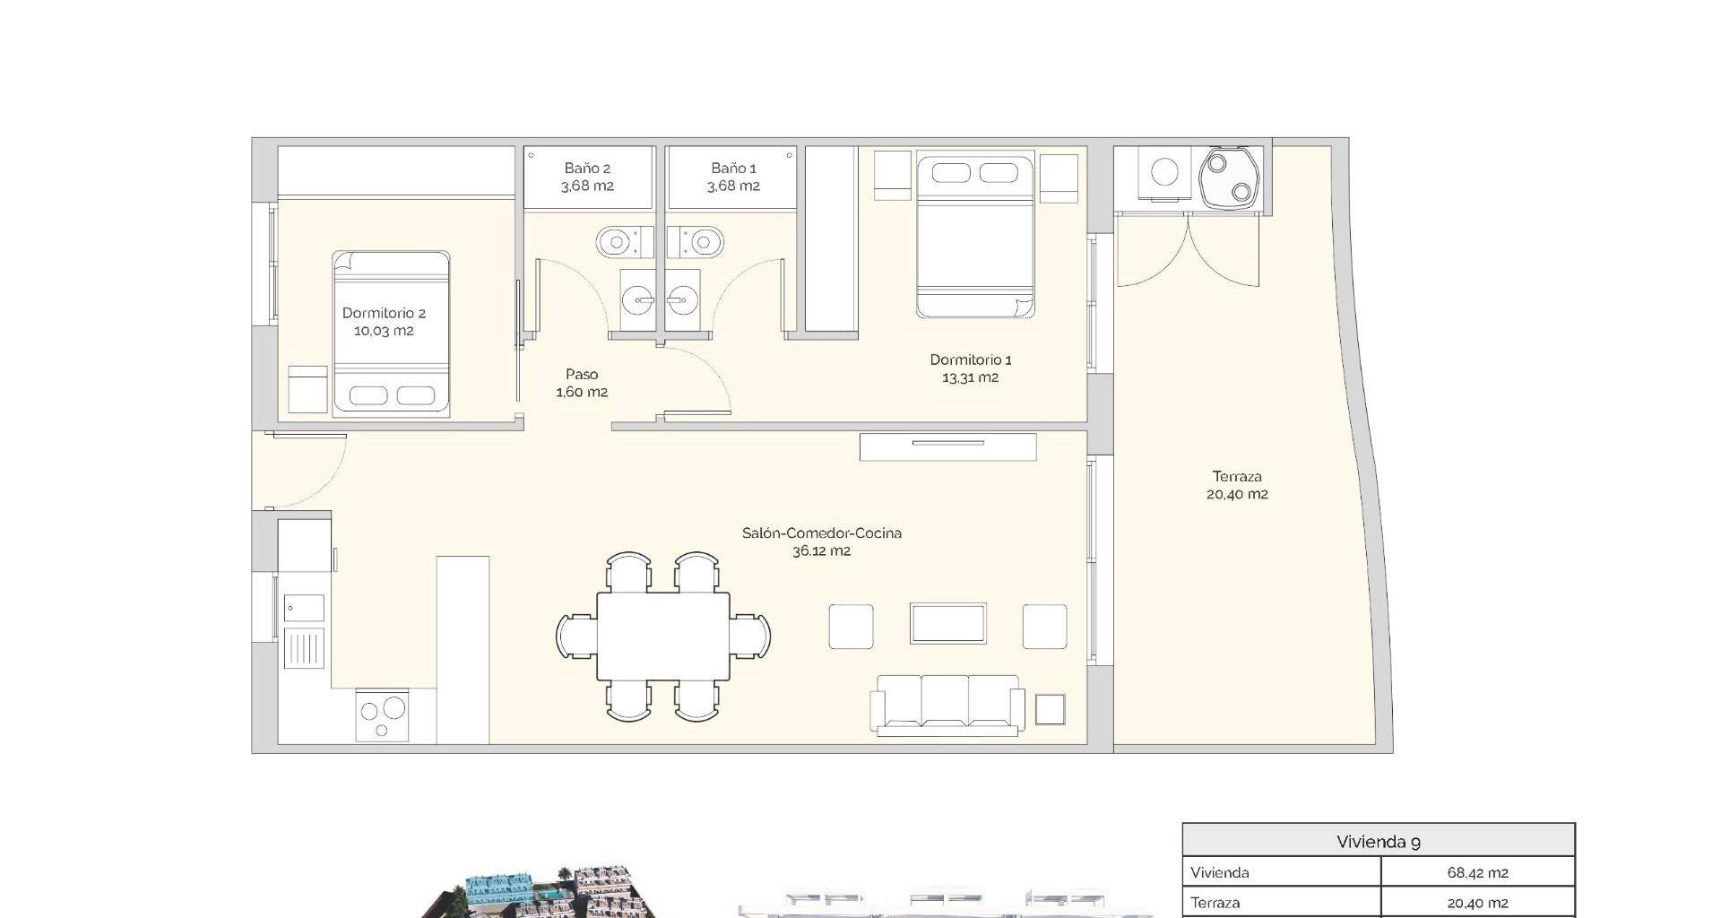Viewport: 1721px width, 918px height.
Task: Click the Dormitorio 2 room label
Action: click(x=384, y=313)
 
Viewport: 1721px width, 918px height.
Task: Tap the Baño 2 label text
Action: click(x=587, y=169)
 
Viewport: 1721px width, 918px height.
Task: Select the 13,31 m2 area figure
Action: click(x=970, y=377)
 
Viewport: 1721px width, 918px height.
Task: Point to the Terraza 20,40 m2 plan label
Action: click(x=1237, y=485)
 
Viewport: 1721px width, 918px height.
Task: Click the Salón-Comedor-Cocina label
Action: click(x=822, y=533)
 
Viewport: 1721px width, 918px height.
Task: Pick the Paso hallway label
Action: click(x=582, y=375)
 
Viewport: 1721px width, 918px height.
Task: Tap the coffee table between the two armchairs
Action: click(x=948, y=624)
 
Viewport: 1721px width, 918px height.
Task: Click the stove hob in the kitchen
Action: click(x=382, y=715)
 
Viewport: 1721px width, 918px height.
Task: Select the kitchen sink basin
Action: click(x=304, y=609)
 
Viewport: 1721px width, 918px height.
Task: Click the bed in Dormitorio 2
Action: click(x=391, y=333)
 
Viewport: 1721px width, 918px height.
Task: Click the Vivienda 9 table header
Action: click(x=1378, y=842)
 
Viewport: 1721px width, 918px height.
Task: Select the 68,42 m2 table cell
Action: click(x=1477, y=872)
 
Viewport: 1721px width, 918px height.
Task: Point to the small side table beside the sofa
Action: click(x=1051, y=709)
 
